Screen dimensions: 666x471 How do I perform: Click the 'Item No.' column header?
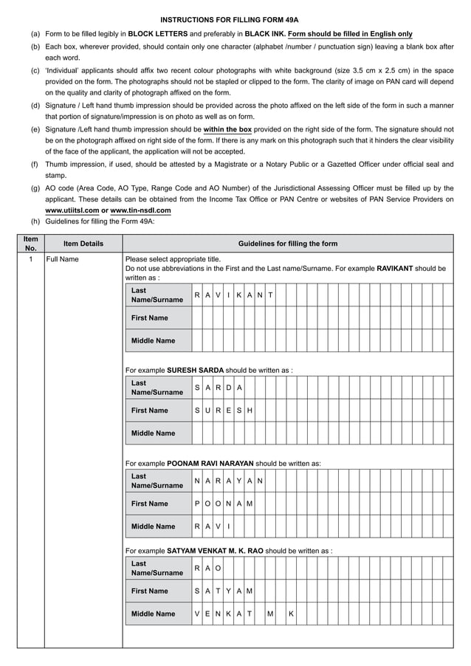tap(31, 244)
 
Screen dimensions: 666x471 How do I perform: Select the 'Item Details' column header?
tap(83, 244)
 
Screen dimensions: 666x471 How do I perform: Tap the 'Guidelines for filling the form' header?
tap(287, 244)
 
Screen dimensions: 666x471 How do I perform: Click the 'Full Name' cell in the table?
tap(62, 260)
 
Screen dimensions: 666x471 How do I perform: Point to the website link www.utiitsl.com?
tap(72, 210)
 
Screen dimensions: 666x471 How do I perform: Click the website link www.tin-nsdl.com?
tap(140, 210)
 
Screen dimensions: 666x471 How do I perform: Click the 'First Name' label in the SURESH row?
tap(150, 411)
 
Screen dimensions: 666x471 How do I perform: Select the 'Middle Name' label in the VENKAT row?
tap(153, 614)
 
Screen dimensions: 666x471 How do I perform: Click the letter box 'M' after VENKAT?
tap(271, 614)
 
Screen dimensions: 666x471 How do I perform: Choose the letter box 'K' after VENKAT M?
tap(292, 614)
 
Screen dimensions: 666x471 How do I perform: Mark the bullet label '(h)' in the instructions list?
tap(35, 222)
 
